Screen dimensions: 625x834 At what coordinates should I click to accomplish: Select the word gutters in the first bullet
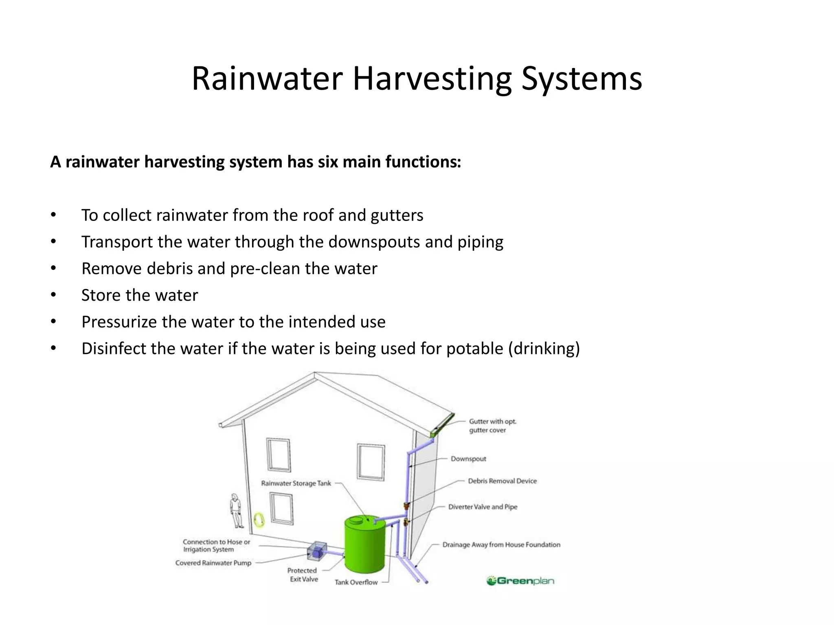click(397, 215)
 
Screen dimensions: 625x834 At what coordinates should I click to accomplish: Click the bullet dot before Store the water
click(53, 295)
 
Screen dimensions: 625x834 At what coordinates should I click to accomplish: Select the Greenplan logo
click(520, 581)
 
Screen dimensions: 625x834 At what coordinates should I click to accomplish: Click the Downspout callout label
click(468, 459)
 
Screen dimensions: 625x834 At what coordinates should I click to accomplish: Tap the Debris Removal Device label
click(502, 481)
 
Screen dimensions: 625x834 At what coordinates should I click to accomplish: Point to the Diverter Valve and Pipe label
click(483, 507)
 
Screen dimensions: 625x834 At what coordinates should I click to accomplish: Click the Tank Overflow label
click(356, 582)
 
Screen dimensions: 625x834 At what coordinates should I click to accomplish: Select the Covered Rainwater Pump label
click(213, 563)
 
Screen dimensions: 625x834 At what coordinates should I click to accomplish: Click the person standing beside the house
click(235, 511)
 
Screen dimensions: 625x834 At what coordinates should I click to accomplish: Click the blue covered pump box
click(317, 551)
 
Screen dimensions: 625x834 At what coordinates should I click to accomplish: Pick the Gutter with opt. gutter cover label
click(492, 426)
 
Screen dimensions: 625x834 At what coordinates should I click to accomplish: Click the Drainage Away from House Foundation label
click(501, 545)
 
